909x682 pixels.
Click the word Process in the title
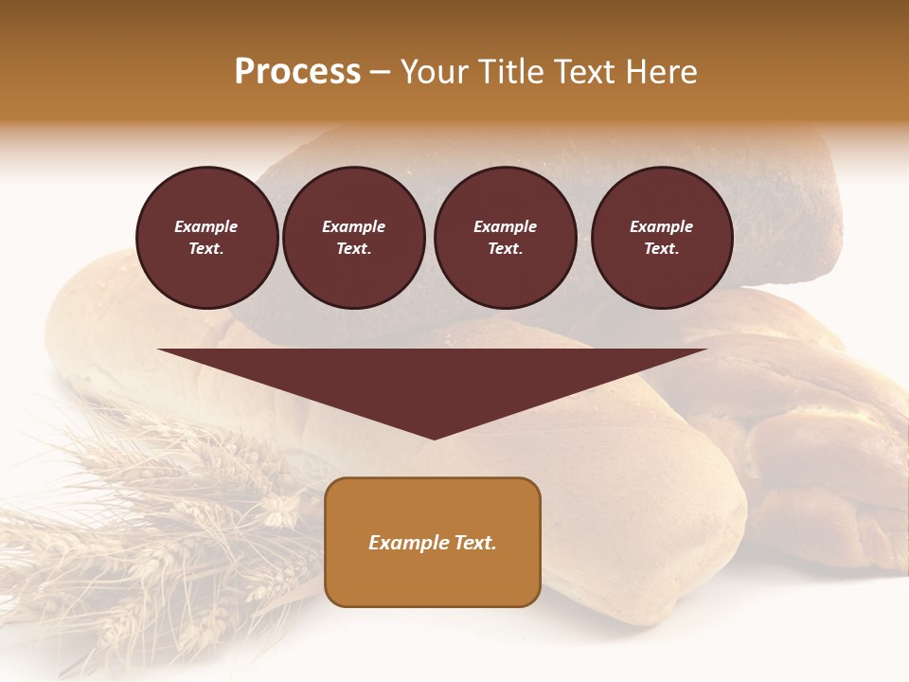[297, 72]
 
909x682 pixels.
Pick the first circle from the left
[206, 238]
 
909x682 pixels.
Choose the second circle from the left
[354, 238]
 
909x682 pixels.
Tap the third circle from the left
[505, 238]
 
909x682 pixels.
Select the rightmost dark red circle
[662, 238]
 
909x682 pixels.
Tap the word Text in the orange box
[472, 543]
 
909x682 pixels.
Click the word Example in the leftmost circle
[206, 226]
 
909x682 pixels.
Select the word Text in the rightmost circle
[661, 248]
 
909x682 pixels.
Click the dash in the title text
[380, 73]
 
